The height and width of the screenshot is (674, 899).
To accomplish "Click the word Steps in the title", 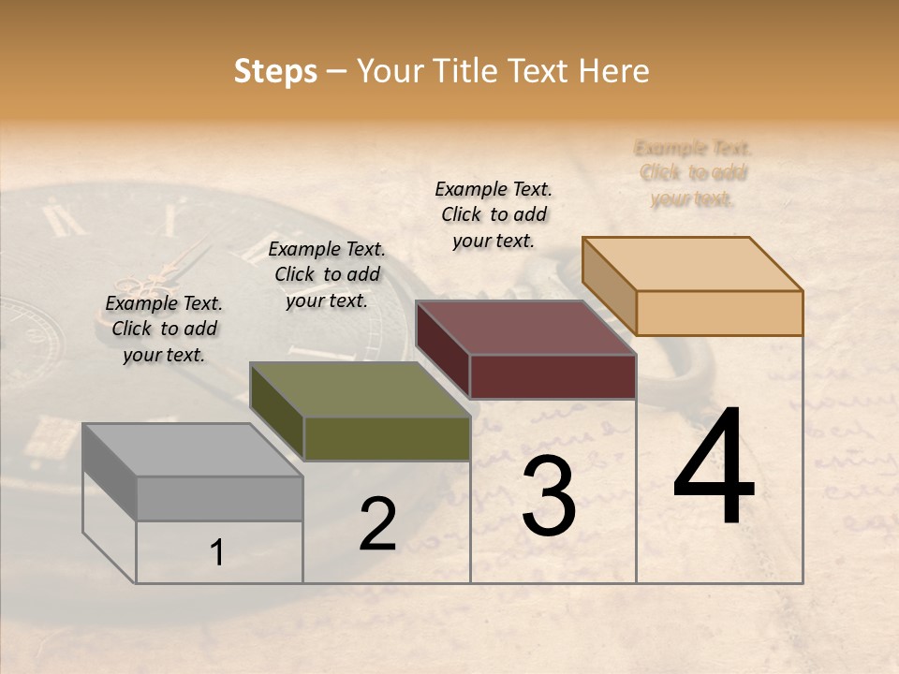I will click(x=275, y=71).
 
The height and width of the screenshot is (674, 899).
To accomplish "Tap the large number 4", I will click(x=714, y=468).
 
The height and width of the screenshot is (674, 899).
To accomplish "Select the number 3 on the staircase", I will click(x=549, y=498).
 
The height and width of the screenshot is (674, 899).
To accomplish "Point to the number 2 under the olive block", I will click(x=377, y=525).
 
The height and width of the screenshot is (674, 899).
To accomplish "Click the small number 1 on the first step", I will click(x=216, y=553).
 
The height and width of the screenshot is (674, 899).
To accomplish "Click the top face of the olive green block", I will click(x=360, y=390).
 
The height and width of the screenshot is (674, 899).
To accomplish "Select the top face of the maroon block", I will click(x=525, y=329).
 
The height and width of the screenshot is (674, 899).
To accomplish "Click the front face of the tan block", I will click(x=719, y=313).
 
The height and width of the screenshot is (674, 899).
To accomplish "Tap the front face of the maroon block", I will click(x=553, y=376).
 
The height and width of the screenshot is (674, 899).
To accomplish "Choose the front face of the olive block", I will click(x=387, y=438).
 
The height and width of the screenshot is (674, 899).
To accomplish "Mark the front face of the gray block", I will click(x=219, y=498).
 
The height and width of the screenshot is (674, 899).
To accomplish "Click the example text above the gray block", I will click(x=164, y=329).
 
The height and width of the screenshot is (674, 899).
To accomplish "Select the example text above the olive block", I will click(x=327, y=274).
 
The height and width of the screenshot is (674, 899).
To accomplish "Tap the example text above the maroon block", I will click(x=494, y=214).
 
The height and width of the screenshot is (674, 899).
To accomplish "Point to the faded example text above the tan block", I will click(x=693, y=173).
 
